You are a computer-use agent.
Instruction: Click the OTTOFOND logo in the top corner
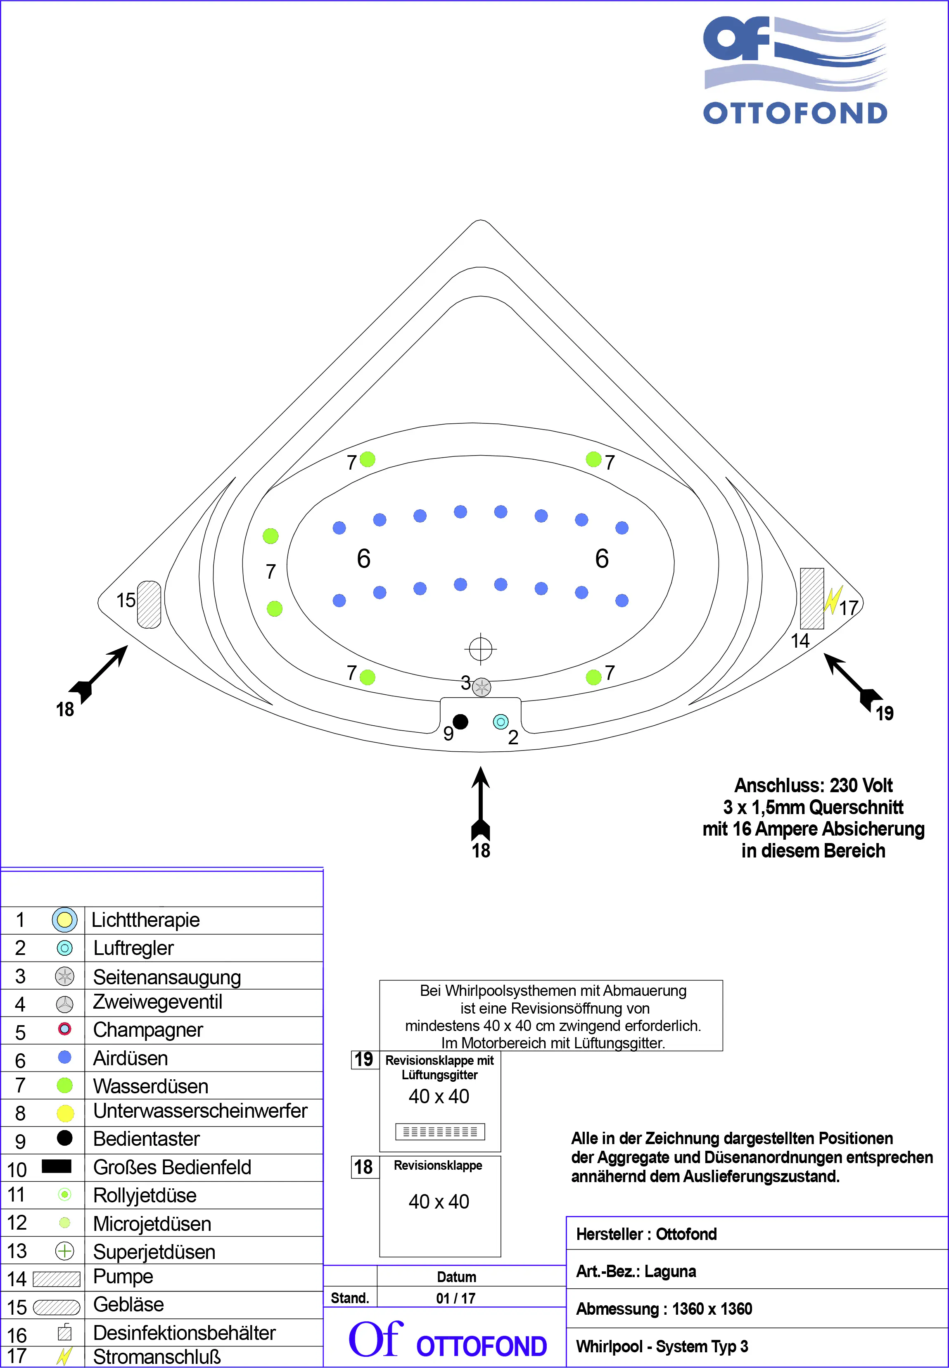(x=795, y=70)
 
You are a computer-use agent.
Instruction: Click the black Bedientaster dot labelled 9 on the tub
(x=460, y=722)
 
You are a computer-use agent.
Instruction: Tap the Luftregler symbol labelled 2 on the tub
(x=501, y=722)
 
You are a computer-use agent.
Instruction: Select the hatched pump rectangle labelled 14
(x=811, y=598)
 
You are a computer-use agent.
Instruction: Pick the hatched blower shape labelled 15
(x=149, y=604)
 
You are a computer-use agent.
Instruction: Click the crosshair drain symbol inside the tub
(x=480, y=649)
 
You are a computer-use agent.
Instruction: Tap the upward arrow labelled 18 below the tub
(x=480, y=803)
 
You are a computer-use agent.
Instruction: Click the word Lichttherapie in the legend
(x=146, y=920)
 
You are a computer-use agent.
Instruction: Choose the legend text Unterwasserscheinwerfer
(x=200, y=1111)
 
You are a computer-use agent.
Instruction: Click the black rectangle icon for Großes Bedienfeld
(x=57, y=1166)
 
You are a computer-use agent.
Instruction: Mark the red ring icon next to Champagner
(x=65, y=1029)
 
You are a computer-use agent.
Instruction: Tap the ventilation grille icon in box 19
(x=440, y=1131)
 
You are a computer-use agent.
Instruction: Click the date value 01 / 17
(x=456, y=1299)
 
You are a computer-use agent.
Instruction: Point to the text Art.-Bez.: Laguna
(x=636, y=1272)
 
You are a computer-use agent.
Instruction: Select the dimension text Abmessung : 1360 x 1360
(x=664, y=1309)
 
